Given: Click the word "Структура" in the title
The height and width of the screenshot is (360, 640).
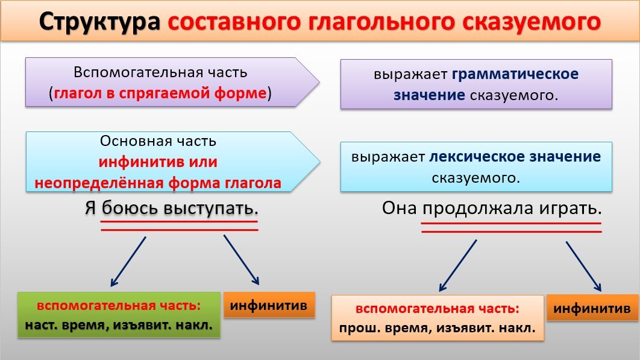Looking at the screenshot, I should click(x=100, y=22).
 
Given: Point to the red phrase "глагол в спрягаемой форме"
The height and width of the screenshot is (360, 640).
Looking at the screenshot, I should click(x=160, y=93).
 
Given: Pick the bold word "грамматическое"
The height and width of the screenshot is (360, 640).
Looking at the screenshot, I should click(x=515, y=74).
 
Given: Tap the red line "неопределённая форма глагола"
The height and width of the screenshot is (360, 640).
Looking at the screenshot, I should click(x=158, y=183).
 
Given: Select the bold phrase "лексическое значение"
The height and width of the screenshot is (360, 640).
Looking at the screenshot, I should click(x=515, y=157).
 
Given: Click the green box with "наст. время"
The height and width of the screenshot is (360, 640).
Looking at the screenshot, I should click(x=118, y=315).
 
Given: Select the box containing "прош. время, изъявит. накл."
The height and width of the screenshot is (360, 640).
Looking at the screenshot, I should click(x=437, y=318).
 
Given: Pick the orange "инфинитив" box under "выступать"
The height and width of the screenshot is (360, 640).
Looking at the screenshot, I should click(x=269, y=305).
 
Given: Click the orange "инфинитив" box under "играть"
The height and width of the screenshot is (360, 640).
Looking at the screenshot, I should click(x=592, y=308).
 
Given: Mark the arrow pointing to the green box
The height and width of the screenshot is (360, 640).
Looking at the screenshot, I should click(x=128, y=261).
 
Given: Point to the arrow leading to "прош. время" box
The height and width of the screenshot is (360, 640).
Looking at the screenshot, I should click(x=458, y=265).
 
